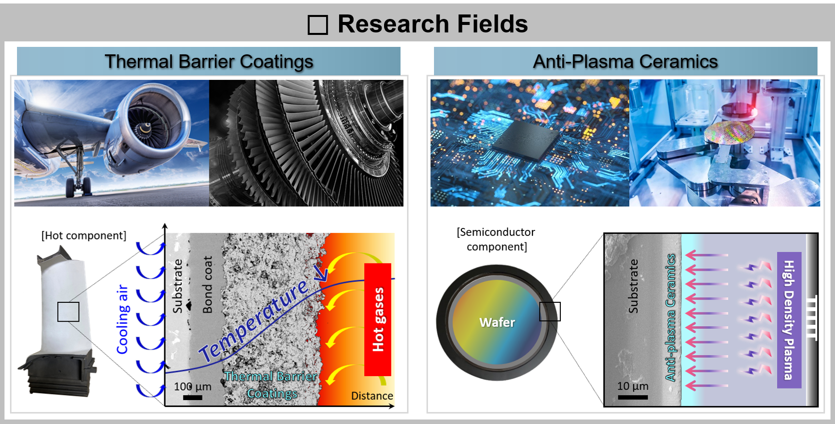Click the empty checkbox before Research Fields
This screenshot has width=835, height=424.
(x=318, y=25)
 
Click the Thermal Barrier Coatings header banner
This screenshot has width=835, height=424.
(x=209, y=61)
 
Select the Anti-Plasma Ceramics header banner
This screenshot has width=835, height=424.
(x=626, y=61)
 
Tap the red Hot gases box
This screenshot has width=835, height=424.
(x=378, y=319)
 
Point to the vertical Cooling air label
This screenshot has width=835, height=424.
(x=123, y=319)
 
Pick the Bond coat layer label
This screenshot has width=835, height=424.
(x=208, y=285)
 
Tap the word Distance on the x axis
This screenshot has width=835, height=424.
(x=372, y=396)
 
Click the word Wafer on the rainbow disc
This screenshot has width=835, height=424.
(x=497, y=322)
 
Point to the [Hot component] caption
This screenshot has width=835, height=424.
(x=84, y=235)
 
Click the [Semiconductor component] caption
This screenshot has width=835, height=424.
(x=496, y=239)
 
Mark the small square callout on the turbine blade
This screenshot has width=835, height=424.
(x=68, y=312)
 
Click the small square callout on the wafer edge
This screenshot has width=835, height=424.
(x=550, y=312)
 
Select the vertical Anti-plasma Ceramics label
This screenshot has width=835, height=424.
(x=671, y=318)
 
